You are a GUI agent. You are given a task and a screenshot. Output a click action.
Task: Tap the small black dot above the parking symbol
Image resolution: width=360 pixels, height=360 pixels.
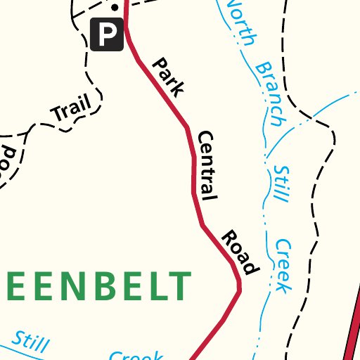pyautogui.click(x=115, y=8)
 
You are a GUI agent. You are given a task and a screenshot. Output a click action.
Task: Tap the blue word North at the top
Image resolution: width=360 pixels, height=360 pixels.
pyautogui.click(x=240, y=23)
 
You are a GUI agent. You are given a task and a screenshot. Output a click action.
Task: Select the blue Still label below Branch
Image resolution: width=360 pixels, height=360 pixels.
pyautogui.click(x=281, y=184)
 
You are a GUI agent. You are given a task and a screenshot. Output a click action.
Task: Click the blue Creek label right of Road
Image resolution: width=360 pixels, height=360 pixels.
pyautogui.click(x=283, y=266)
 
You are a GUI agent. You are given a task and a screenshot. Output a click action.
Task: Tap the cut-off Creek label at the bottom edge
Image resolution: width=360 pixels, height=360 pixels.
pyautogui.click(x=137, y=355)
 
